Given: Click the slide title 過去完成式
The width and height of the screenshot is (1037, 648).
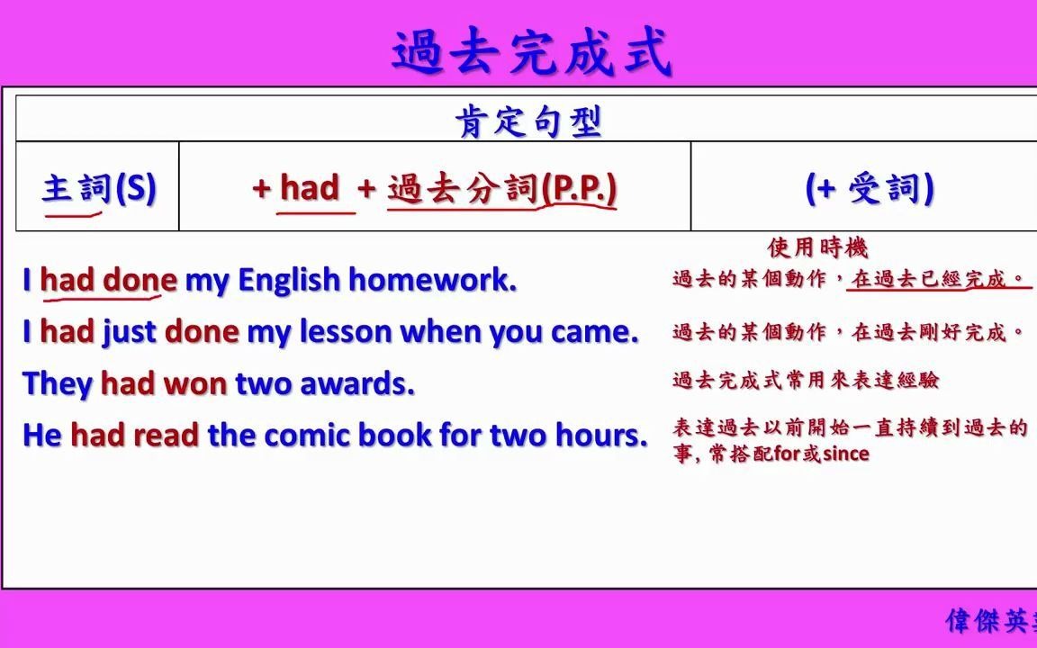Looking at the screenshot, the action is [532, 51].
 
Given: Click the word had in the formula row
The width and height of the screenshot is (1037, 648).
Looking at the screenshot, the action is [310, 188].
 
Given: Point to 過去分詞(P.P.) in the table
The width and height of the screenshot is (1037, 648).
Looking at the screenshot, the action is [502, 188].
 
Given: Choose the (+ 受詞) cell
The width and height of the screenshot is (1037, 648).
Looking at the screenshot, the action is [870, 188].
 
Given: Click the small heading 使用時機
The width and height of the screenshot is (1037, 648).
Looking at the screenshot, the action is [817, 248].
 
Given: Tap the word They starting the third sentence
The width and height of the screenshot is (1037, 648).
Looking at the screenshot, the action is [58, 384].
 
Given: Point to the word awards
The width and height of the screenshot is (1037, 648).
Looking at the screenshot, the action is [357, 384].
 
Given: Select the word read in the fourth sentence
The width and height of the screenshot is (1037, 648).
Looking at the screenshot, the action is [166, 435].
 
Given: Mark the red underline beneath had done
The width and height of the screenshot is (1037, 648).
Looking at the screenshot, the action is [103, 297].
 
